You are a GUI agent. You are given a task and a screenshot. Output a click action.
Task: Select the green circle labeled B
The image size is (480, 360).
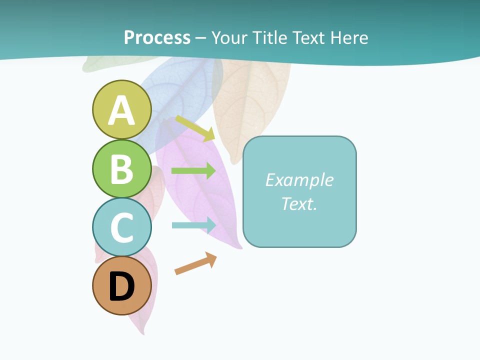[x=121, y=168]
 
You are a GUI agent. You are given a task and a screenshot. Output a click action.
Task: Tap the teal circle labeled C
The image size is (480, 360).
[x=121, y=227]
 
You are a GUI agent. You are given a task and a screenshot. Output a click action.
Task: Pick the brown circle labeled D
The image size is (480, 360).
[x=121, y=286]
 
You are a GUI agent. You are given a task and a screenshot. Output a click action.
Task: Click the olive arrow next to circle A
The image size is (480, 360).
[x=195, y=128]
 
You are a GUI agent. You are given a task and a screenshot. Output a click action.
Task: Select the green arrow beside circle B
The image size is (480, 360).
[x=193, y=171]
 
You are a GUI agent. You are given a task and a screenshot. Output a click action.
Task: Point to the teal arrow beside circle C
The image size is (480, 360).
[x=193, y=225]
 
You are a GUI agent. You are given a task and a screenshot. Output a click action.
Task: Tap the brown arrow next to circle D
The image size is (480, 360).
[x=195, y=263]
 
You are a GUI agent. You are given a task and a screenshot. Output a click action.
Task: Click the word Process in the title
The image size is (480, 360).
[x=157, y=37]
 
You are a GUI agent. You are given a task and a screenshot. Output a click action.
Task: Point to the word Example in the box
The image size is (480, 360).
[x=299, y=180]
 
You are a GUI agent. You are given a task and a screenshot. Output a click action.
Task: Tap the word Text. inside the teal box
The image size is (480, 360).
[x=299, y=203]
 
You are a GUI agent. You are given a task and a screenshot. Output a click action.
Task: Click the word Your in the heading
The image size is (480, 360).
[x=229, y=37]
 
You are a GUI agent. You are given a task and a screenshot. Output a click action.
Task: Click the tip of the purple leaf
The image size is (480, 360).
[x=240, y=246]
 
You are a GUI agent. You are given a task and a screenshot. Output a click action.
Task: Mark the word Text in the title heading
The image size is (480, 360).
[x=309, y=37]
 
